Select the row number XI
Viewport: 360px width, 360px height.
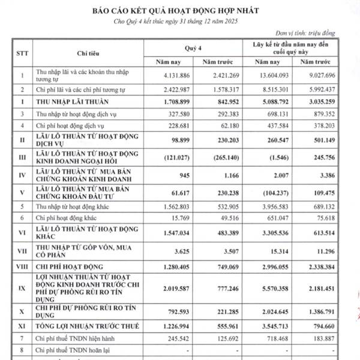pos(22,328)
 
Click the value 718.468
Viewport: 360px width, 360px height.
pos(269,338)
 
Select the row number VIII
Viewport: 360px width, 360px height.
pos(22,266)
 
